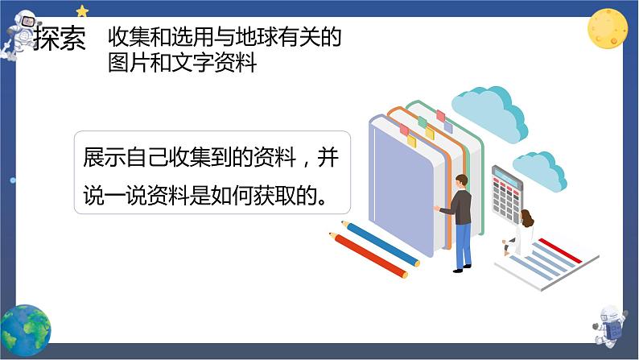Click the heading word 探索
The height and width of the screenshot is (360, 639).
point(60,39)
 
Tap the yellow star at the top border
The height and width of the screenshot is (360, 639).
point(82,11)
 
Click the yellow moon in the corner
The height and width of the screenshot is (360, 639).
point(608,28)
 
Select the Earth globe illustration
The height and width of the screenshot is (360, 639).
point(25,330)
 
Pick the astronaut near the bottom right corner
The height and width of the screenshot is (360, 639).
point(609,325)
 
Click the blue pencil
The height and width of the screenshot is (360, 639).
point(380,243)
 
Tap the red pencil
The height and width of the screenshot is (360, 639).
point(369,255)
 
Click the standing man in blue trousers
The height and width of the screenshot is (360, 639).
point(457,223)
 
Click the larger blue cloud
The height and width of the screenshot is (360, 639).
point(489,114)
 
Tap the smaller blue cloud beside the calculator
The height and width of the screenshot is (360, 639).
point(539,172)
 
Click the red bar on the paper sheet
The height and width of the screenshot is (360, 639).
point(560,250)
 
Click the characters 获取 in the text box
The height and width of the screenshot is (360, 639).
point(274,195)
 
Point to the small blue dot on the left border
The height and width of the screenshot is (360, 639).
point(12,180)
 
